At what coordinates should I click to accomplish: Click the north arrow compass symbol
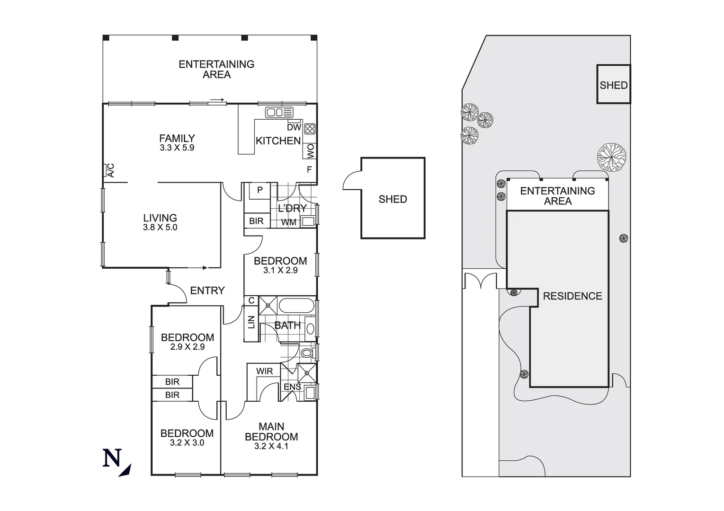[116, 461]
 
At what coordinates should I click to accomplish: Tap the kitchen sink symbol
[279, 113]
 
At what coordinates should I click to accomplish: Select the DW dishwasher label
[294, 127]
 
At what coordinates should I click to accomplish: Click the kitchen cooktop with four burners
[310, 129]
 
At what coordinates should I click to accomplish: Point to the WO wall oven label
[310, 151]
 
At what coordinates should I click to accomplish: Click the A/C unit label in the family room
[109, 170]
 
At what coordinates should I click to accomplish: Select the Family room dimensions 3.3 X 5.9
[177, 148]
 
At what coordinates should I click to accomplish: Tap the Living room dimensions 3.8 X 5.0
[160, 227]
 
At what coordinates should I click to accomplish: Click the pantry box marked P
[259, 190]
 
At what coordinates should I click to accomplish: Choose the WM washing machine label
[288, 222]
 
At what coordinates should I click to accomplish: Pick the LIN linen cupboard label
[251, 322]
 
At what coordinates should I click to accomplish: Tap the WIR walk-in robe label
[264, 371]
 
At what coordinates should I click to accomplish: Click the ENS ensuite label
[292, 387]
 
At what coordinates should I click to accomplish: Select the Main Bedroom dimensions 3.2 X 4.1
[271, 446]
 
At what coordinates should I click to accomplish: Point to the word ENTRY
[207, 291]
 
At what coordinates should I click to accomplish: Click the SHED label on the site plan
[613, 85]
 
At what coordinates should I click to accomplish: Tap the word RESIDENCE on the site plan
[572, 296]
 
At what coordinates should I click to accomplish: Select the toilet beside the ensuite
[307, 352]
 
